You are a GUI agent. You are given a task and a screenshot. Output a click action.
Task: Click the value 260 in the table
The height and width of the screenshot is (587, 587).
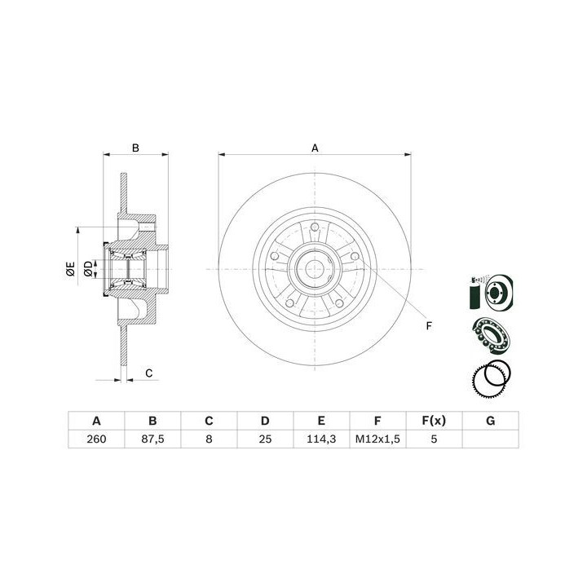96,439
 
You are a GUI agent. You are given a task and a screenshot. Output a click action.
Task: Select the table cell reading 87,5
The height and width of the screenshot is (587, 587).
152,439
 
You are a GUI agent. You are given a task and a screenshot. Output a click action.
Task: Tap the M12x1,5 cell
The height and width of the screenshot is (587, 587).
377,439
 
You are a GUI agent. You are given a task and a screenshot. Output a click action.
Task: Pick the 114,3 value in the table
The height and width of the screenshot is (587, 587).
321,439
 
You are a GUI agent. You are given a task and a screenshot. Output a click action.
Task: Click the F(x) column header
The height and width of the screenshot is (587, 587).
434,421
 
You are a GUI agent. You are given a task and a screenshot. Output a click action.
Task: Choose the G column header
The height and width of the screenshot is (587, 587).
491,421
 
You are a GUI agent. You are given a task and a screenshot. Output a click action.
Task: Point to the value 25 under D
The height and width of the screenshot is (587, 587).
265,439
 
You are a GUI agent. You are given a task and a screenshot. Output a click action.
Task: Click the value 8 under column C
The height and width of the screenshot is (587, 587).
209,439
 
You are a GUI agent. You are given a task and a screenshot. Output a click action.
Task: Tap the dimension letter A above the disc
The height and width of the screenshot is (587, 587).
315,148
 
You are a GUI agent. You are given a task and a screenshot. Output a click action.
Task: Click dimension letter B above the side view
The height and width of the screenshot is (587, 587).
135,148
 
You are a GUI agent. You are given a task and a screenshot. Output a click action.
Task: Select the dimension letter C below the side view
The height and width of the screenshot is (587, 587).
149,373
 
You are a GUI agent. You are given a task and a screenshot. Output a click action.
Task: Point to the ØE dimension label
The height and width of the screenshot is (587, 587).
70,269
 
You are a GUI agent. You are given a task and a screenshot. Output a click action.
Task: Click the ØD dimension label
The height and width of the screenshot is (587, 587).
88,269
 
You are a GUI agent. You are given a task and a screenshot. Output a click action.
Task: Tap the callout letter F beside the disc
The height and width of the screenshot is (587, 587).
429,326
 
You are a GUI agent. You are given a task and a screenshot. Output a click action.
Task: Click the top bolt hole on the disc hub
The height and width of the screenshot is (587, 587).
315,227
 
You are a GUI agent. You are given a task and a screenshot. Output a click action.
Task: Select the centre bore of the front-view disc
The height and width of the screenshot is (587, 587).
315,269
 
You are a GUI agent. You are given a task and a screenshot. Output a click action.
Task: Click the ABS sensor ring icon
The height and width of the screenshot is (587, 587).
492,380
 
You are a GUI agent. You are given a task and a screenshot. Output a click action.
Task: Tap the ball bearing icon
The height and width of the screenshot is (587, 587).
492,336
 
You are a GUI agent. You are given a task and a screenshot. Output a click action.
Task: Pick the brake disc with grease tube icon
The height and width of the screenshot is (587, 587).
491,292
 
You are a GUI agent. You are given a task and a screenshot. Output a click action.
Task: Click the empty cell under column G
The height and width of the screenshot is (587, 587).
491,439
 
